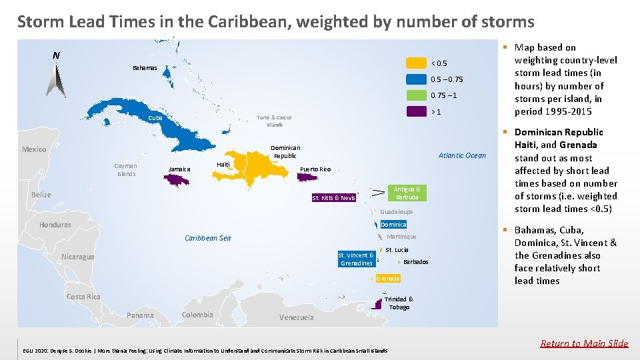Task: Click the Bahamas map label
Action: pyautogui.click(x=145, y=68)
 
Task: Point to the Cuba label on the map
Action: pyautogui.click(x=155, y=118)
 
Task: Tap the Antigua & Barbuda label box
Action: pyautogui.click(x=407, y=193)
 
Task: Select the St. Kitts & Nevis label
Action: pyautogui.click(x=334, y=198)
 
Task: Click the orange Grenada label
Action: pyautogui.click(x=387, y=278)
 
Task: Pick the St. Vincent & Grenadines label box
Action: pyautogui.click(x=356, y=259)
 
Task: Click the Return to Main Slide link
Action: pyautogui.click(x=584, y=343)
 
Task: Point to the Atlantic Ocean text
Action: pyautogui.click(x=462, y=156)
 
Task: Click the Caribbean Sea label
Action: pyautogui.click(x=207, y=238)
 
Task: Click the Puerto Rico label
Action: pyautogui.click(x=315, y=169)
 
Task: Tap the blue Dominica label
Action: pyautogui.click(x=393, y=225)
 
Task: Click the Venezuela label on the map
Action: pyautogui.click(x=296, y=317)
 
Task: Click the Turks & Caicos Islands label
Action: pyautogui.click(x=275, y=121)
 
